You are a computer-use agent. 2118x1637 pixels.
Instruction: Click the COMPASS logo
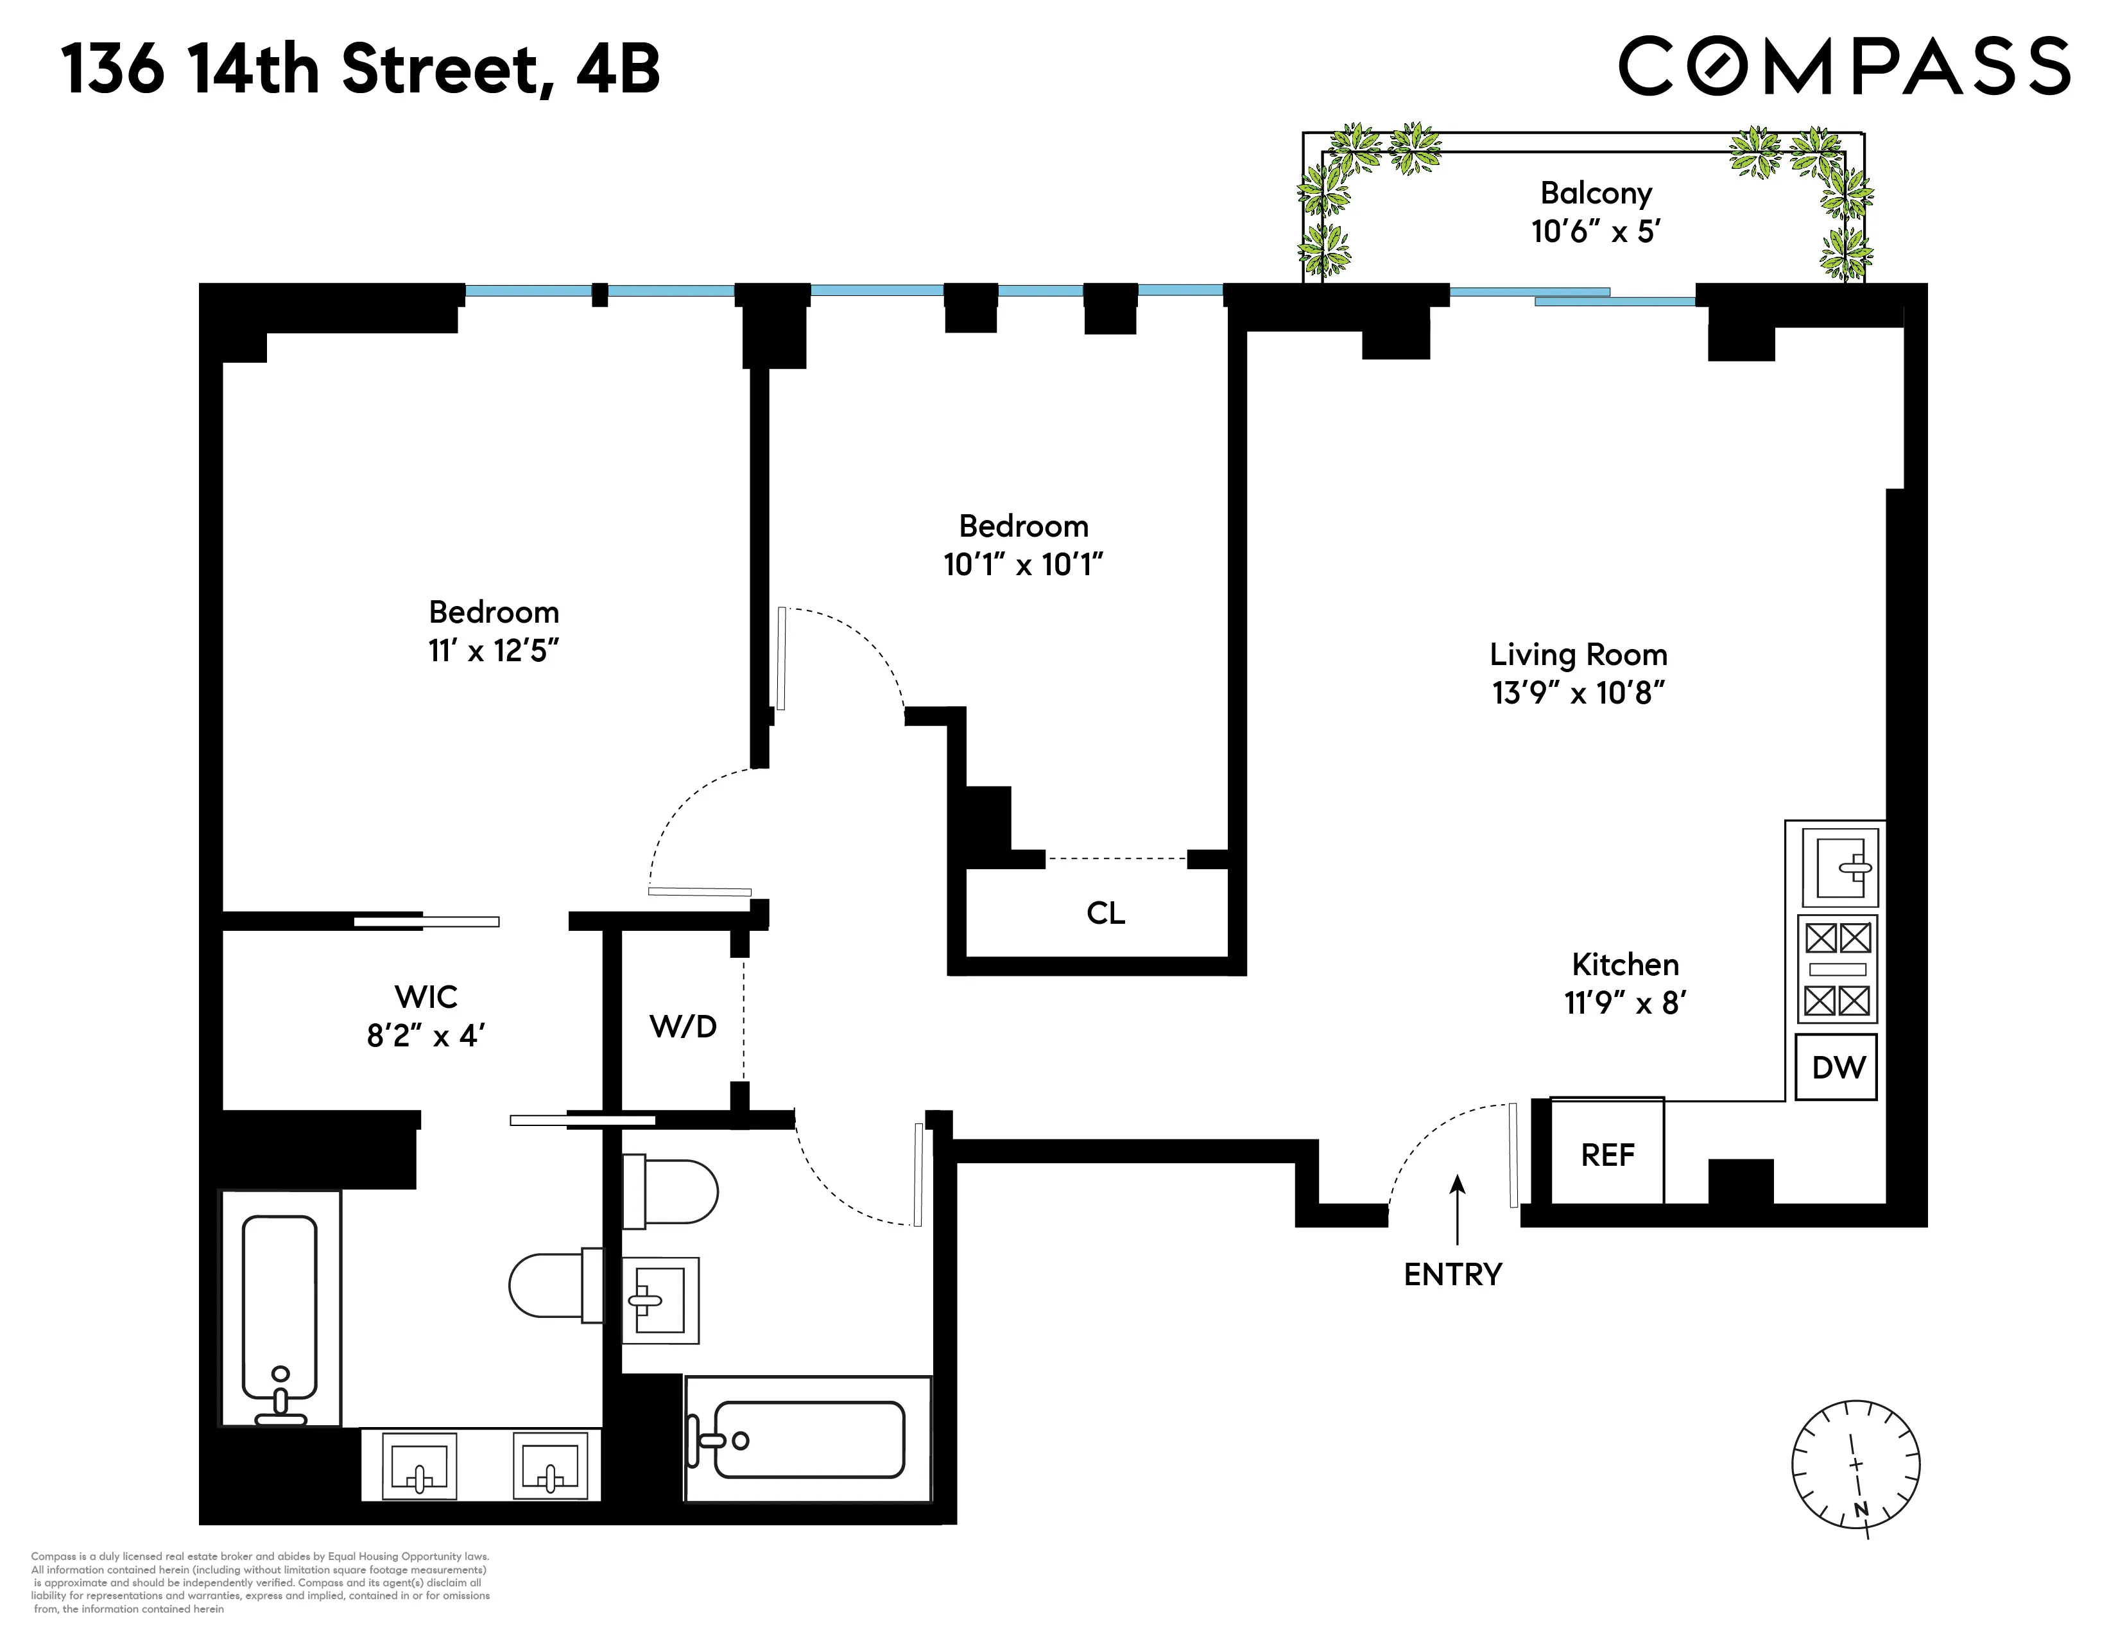point(1845,66)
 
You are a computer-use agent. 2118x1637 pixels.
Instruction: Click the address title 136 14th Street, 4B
point(361,70)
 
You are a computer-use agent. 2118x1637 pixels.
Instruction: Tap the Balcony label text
point(1596,193)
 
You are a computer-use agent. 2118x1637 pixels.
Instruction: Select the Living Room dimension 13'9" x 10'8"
point(1578,693)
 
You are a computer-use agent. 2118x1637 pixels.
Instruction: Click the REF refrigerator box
point(1607,1154)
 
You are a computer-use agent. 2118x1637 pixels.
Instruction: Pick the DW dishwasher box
point(1838,1068)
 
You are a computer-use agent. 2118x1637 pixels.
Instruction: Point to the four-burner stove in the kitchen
point(1837,969)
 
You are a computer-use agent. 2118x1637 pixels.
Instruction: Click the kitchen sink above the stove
point(1839,866)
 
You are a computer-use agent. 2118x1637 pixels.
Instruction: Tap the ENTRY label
point(1452,1274)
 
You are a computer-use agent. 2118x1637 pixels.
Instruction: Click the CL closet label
point(1106,913)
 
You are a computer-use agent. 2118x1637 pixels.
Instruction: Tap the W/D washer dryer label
point(683,1026)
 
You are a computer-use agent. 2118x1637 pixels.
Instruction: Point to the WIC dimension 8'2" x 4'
point(425,1035)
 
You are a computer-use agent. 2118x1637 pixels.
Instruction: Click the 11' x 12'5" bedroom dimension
point(494,651)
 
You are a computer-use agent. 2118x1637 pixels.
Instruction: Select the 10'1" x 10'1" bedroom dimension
point(1023,564)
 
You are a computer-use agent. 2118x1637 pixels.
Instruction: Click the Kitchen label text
point(1624,964)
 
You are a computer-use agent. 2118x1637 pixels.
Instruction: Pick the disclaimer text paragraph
point(260,1582)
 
